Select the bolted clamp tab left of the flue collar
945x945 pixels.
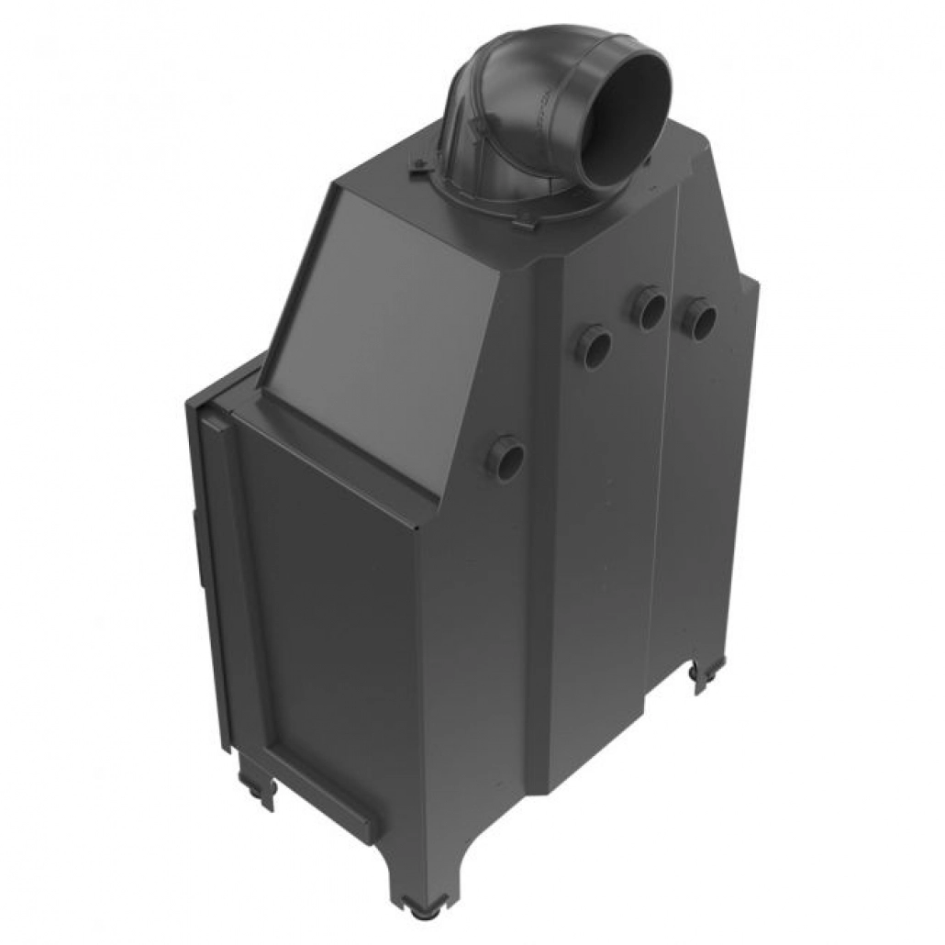pyautogui.click(x=417, y=164)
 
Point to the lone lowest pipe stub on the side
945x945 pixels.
pyautogui.click(x=506, y=456)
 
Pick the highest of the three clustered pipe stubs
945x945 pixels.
pyautogui.click(x=650, y=307)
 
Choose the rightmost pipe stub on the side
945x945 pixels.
pyautogui.click(x=700, y=319)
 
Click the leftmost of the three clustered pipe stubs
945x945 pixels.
pyautogui.click(x=594, y=347)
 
